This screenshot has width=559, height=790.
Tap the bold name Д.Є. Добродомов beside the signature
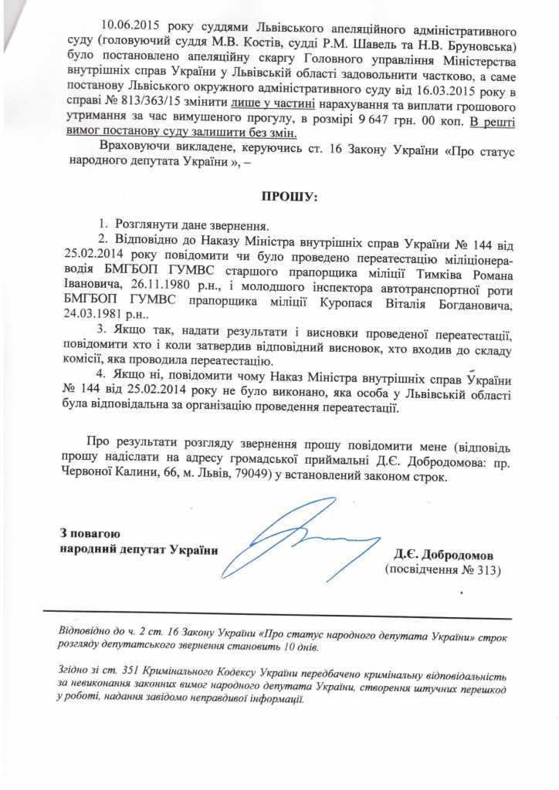pos(448,555)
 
